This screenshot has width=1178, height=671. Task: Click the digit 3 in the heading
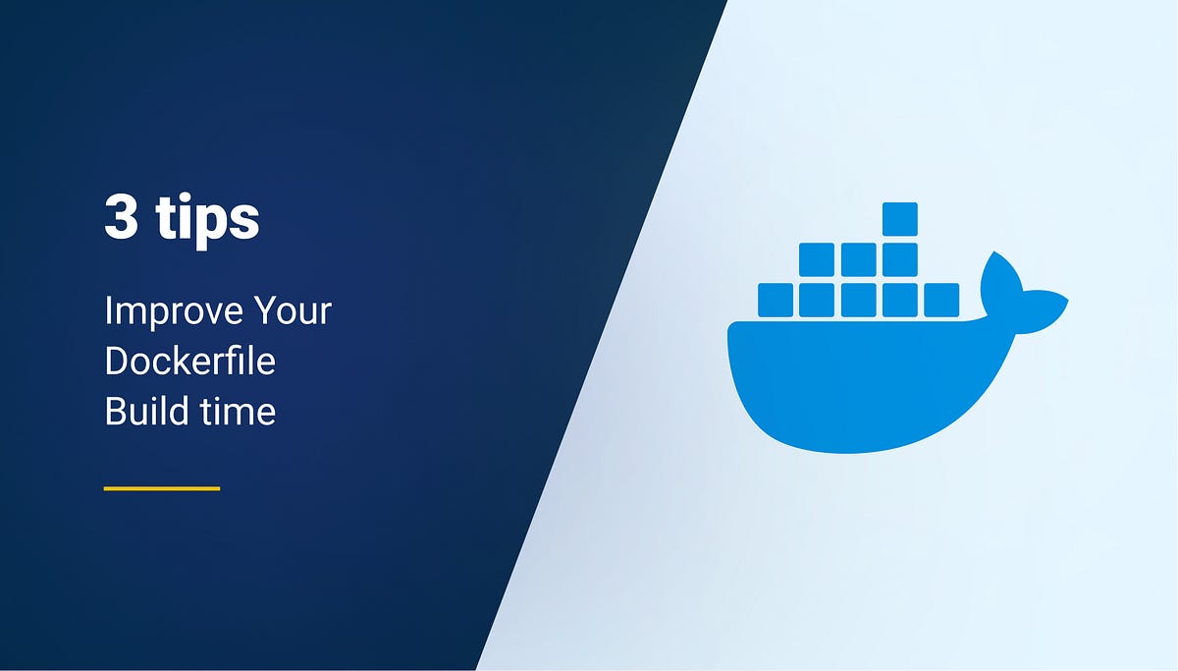(121, 218)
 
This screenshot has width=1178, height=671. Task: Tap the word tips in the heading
(207, 220)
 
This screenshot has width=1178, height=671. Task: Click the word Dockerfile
(189, 362)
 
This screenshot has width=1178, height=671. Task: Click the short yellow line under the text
(162, 487)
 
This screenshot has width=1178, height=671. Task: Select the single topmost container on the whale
(899, 219)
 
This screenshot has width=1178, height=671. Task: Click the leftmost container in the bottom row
(776, 300)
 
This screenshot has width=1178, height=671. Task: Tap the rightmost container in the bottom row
(941, 300)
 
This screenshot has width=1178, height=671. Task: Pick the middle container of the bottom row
(858, 300)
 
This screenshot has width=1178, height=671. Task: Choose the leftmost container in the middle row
(817, 259)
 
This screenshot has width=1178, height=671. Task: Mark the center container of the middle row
(858, 259)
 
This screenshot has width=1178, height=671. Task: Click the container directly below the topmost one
(899, 259)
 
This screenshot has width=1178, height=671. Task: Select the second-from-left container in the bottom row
(817, 300)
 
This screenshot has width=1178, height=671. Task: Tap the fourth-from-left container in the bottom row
(899, 300)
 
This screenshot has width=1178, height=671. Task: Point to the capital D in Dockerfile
(115, 362)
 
